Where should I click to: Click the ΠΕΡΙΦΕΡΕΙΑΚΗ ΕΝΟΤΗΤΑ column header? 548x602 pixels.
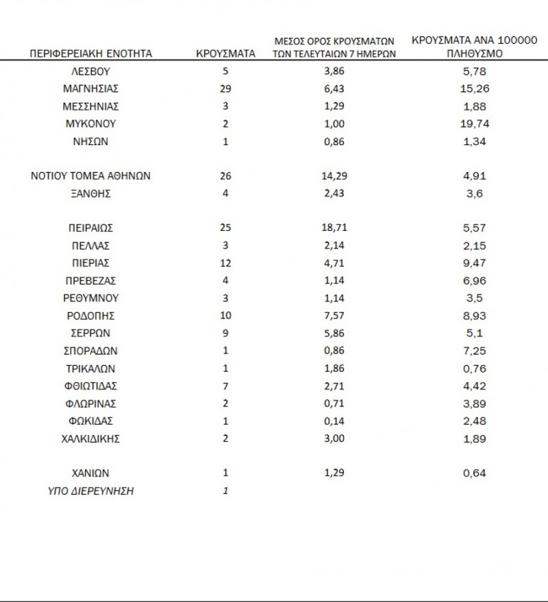coord(90,53)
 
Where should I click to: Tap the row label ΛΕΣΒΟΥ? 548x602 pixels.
coord(90,71)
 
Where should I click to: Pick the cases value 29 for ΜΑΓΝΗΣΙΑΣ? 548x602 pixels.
coord(226,88)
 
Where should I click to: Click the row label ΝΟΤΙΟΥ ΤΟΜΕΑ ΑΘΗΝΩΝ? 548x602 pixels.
coord(90,176)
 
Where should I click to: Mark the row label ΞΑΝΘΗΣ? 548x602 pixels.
coord(90,194)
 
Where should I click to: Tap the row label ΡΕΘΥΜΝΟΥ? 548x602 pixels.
coord(90,298)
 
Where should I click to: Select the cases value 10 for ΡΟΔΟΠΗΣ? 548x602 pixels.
coord(226,316)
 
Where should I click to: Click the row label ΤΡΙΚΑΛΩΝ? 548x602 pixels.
coord(90,368)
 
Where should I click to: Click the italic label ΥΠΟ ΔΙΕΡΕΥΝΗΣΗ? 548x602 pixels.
coord(90,490)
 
